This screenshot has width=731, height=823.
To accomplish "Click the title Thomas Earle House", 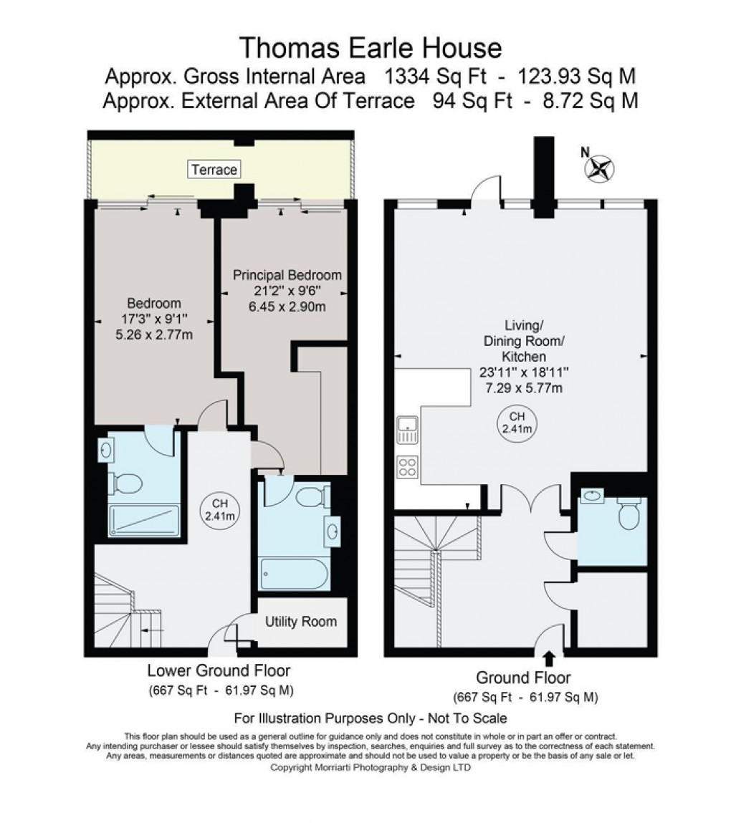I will coord(370,48).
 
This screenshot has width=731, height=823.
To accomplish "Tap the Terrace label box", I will coord(214,170).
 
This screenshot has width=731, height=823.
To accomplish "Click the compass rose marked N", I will coord(600,168).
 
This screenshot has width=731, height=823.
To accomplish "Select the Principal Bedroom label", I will coord(287,275).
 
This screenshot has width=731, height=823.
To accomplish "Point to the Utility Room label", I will coord(300,621).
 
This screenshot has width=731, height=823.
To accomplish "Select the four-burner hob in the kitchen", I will coord(407,467).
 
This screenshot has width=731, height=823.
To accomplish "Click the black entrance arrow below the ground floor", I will coord(550,658).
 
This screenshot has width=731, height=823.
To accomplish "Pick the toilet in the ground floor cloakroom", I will coord(628,514).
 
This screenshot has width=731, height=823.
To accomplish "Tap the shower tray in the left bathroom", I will coord(143,521).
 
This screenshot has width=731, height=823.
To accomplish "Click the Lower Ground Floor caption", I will coord(219,671).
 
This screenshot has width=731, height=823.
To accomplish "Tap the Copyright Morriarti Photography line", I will coord(370,767).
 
